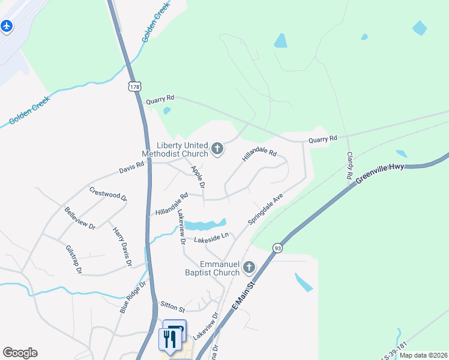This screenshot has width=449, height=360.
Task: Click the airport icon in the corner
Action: point(7,26)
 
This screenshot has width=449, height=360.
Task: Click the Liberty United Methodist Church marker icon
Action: point(217,148)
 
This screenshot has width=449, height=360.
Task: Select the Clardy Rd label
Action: point(349,166)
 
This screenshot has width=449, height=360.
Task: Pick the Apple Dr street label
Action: point(198,177)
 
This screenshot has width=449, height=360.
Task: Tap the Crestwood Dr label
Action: point(108,194)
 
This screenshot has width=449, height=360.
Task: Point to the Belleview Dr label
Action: point(80,218)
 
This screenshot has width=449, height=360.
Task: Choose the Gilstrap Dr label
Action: point(73,258)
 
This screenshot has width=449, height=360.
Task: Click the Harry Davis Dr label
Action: point(120,245)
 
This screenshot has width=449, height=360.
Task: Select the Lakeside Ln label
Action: point(211,239)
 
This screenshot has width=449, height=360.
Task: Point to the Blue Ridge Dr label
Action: point(133,298)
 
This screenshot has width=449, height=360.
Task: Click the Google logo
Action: point(20,353)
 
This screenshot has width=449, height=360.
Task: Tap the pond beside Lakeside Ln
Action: point(203,226)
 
